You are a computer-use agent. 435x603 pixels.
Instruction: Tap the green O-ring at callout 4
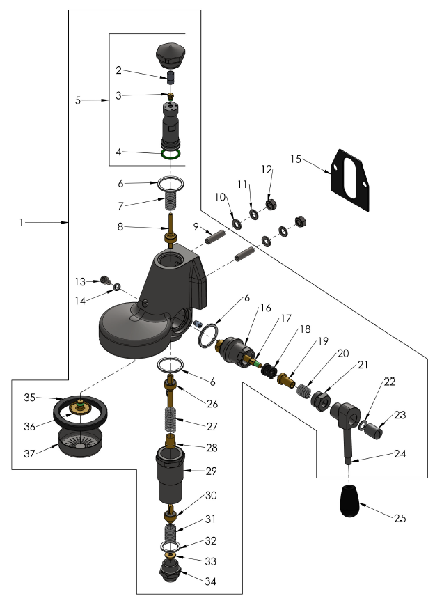[x=170, y=154]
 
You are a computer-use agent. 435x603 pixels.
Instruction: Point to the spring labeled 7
[x=170, y=202]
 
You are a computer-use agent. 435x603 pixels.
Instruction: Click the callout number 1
[x=22, y=222]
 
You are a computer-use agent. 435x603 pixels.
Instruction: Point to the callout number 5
[x=78, y=100]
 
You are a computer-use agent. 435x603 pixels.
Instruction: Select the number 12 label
[x=265, y=169]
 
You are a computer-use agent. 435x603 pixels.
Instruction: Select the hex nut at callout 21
[x=322, y=402]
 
